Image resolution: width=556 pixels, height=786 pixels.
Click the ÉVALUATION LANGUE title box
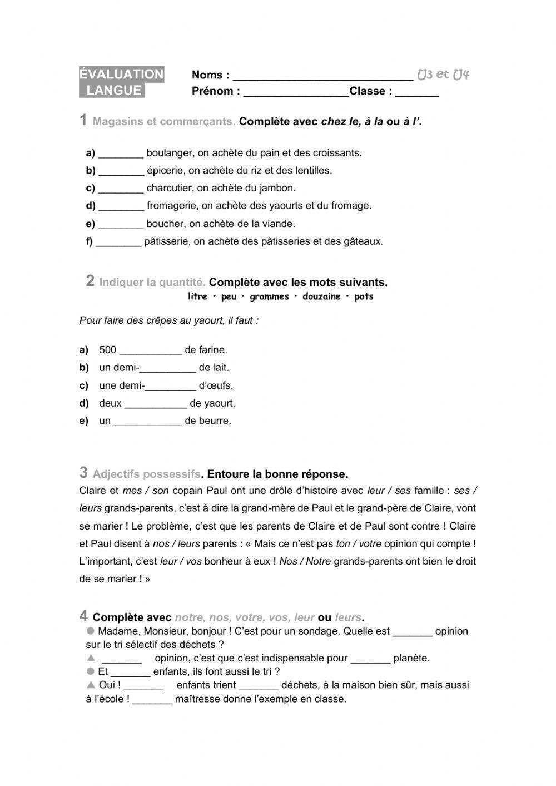coord(121,82)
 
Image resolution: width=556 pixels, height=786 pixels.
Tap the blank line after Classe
coord(417,93)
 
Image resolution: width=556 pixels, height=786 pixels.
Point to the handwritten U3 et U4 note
coord(443,75)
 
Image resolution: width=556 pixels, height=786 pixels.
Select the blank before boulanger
coord(121,154)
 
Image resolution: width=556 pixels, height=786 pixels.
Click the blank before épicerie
coord(121,172)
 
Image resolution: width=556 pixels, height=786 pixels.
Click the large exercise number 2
coord(90,281)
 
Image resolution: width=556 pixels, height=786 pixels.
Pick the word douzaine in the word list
coord(321,296)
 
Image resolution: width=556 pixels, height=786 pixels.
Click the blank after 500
coord(151,352)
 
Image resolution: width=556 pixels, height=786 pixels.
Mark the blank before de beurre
coord(148,422)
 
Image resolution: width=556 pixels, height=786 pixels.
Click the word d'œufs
coord(216,385)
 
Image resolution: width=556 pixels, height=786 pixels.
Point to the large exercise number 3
coord(83,473)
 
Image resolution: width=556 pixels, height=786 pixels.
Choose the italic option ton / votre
coord(359,543)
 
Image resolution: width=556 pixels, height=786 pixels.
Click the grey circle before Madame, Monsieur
coord(91,631)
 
